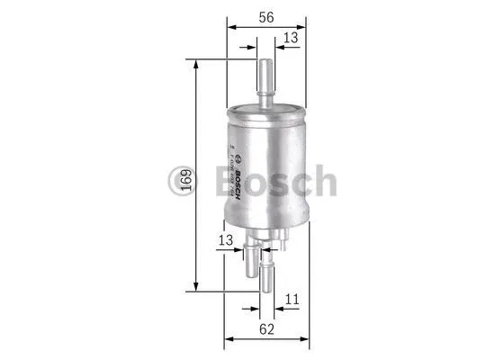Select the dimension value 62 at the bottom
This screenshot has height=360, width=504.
[x=266, y=328]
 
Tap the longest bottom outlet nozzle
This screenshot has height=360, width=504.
[x=267, y=274]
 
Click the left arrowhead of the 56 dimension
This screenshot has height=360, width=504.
[x=229, y=26]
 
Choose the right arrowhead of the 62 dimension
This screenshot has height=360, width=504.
[x=308, y=339]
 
